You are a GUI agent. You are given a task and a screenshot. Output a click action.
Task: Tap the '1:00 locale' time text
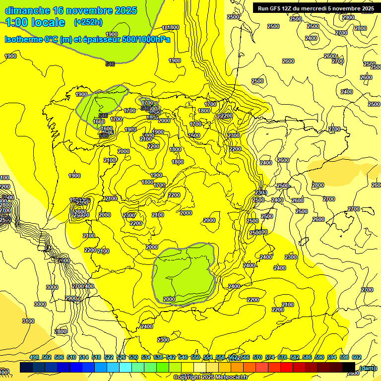click(x=35, y=22)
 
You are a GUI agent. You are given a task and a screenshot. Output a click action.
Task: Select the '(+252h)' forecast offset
click(x=88, y=22)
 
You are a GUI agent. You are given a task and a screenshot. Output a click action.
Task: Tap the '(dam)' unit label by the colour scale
click(x=367, y=368)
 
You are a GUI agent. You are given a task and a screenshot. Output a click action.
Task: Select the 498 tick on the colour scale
click(x=34, y=357)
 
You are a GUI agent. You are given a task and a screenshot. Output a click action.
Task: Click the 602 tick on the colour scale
click(x=357, y=357)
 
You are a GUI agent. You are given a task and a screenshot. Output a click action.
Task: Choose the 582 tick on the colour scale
click(x=295, y=357)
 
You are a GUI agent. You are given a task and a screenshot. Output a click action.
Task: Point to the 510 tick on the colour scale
click(x=71, y=357)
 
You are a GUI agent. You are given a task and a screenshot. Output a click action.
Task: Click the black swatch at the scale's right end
click(x=349, y=368)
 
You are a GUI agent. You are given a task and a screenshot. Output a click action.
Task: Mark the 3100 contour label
click(x=28, y=321)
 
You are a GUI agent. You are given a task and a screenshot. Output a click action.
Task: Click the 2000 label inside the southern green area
click(x=169, y=299)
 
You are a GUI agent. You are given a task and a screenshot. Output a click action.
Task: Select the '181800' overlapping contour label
click(x=171, y=28)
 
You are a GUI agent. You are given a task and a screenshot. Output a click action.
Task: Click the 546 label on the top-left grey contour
click(x=110, y=64)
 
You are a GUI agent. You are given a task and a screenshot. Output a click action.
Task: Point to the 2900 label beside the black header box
click(x=348, y=17)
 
